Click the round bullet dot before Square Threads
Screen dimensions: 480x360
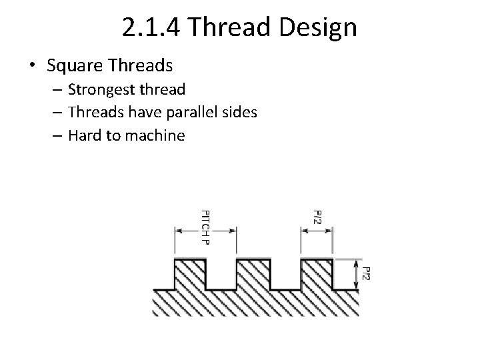[33, 65]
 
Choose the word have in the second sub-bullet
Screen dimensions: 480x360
[139, 113]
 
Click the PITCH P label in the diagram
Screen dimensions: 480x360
[205, 227]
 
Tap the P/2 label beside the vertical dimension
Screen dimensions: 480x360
[365, 273]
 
